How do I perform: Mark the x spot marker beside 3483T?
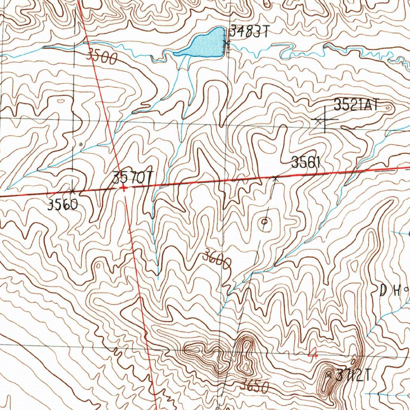[x=226, y=43]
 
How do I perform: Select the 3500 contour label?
[x=102, y=57]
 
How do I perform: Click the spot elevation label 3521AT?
[x=356, y=105]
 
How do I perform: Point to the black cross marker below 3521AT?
[x=324, y=120]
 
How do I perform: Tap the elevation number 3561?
[x=306, y=163]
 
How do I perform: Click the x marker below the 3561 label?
[x=275, y=177]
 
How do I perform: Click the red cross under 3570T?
[x=124, y=187]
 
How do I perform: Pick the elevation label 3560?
[x=62, y=205]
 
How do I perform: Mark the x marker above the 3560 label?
[x=72, y=191]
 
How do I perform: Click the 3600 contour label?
[x=217, y=259]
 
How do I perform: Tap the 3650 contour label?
[x=254, y=386]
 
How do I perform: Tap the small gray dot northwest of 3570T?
[x=81, y=143]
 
